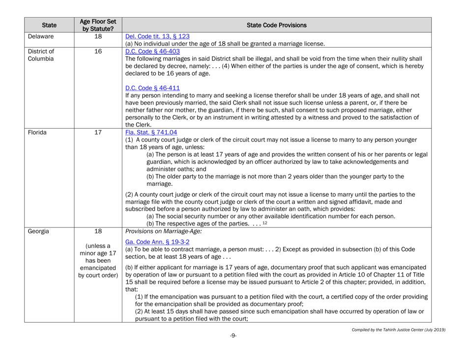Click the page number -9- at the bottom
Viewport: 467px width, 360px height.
pos(233,352)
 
